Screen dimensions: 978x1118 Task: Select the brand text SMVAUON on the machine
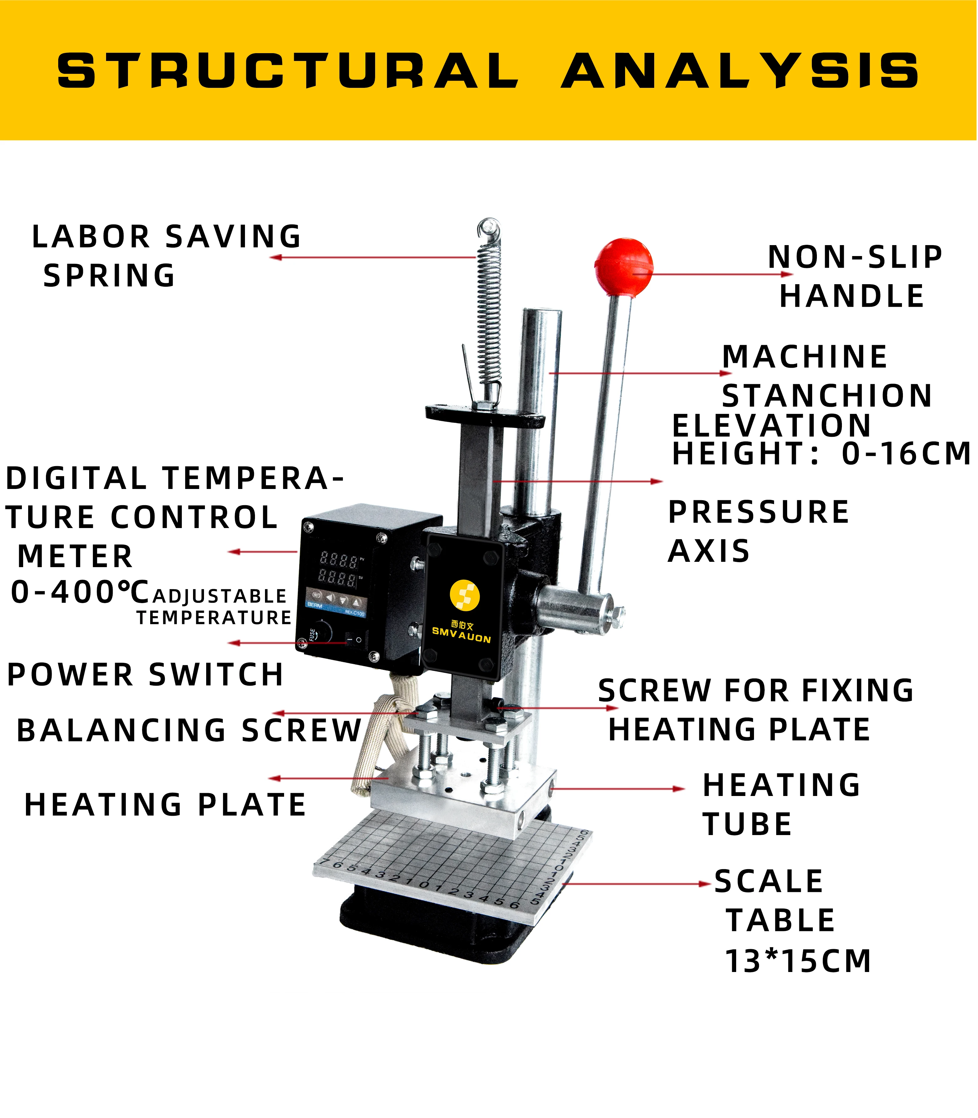(x=461, y=635)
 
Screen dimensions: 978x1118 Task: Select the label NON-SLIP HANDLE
(x=854, y=276)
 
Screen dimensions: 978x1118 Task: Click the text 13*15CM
(x=798, y=961)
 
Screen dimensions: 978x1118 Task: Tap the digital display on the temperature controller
(x=339, y=568)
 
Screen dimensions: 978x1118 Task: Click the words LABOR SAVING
(x=166, y=237)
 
